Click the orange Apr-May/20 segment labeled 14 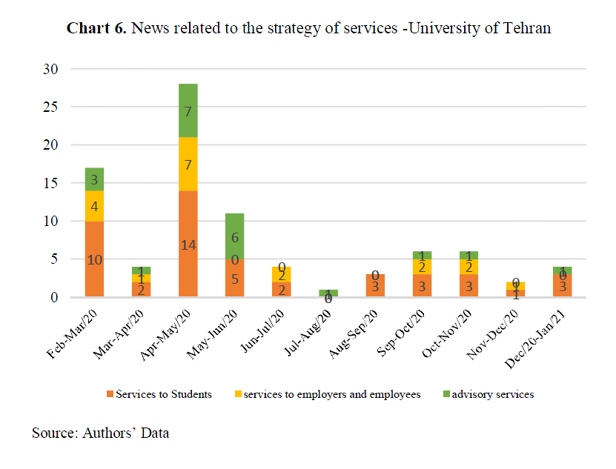(188, 244)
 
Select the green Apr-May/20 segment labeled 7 (188, 110)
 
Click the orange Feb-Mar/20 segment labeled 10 (94, 259)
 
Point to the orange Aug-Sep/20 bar (375, 286)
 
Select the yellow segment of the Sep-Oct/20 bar (422, 267)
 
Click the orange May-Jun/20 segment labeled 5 (234, 279)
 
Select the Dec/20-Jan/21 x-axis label (545, 333)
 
